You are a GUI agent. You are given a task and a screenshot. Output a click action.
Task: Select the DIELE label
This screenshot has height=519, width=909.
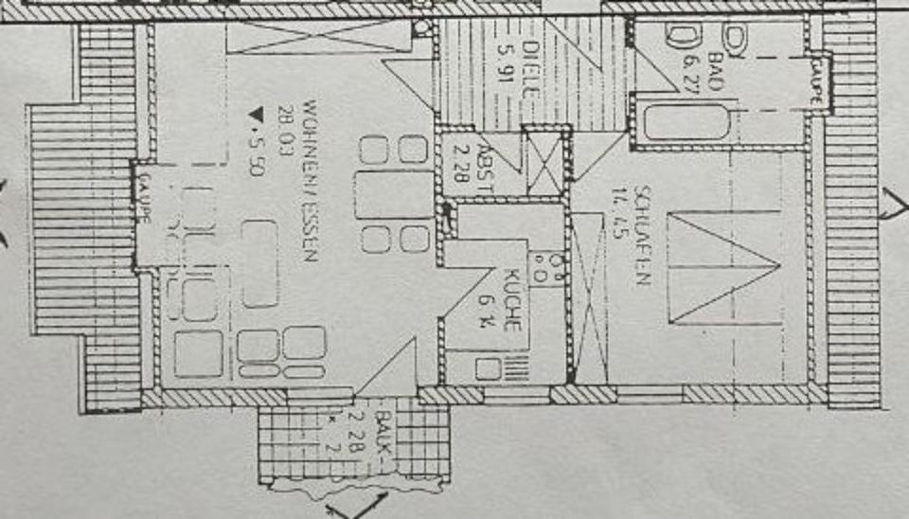[530, 66]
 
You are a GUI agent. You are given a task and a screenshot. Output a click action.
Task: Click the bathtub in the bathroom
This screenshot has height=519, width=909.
[686, 124]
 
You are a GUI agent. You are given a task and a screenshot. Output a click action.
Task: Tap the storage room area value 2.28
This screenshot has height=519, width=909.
[463, 163]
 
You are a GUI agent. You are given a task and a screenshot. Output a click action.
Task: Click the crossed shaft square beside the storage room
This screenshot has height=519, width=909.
[544, 163]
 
